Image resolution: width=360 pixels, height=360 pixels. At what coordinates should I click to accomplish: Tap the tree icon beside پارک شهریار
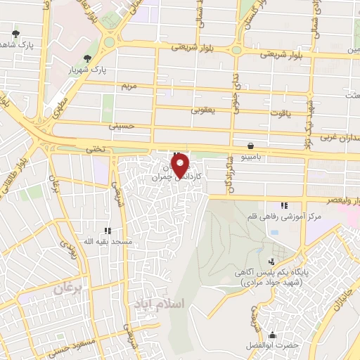87,58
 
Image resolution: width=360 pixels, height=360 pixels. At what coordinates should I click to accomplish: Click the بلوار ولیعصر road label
335,199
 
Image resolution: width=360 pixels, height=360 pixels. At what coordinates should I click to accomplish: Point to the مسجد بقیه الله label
108,241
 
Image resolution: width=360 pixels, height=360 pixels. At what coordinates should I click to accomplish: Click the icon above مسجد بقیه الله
108,230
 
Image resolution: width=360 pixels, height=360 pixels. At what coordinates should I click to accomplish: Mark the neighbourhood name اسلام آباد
157,304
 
